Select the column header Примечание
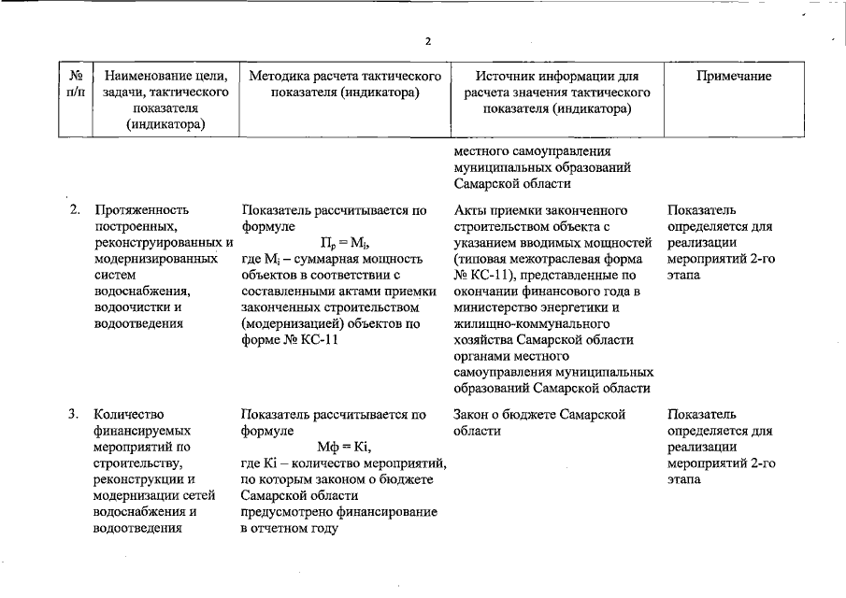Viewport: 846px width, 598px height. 734,77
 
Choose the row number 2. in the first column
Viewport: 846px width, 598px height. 74,209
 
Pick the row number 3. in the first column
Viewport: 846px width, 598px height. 74,414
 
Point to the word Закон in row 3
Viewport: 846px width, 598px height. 475,414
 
